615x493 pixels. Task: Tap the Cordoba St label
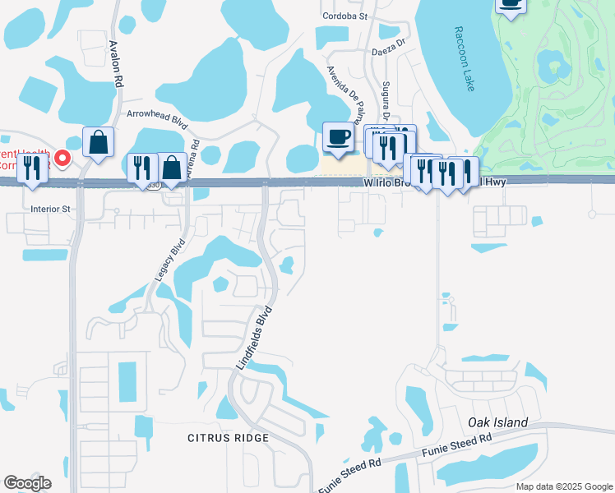pos(345,16)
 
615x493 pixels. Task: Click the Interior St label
pos(52,209)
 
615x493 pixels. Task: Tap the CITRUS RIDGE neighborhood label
pos(228,438)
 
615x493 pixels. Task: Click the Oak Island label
pos(497,422)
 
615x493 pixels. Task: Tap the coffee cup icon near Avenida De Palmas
pos(338,136)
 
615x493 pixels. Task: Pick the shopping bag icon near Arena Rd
pos(173,168)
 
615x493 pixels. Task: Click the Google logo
pos(27,483)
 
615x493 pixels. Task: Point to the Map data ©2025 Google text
pos(563,486)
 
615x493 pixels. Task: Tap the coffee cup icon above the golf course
pos(511,4)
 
